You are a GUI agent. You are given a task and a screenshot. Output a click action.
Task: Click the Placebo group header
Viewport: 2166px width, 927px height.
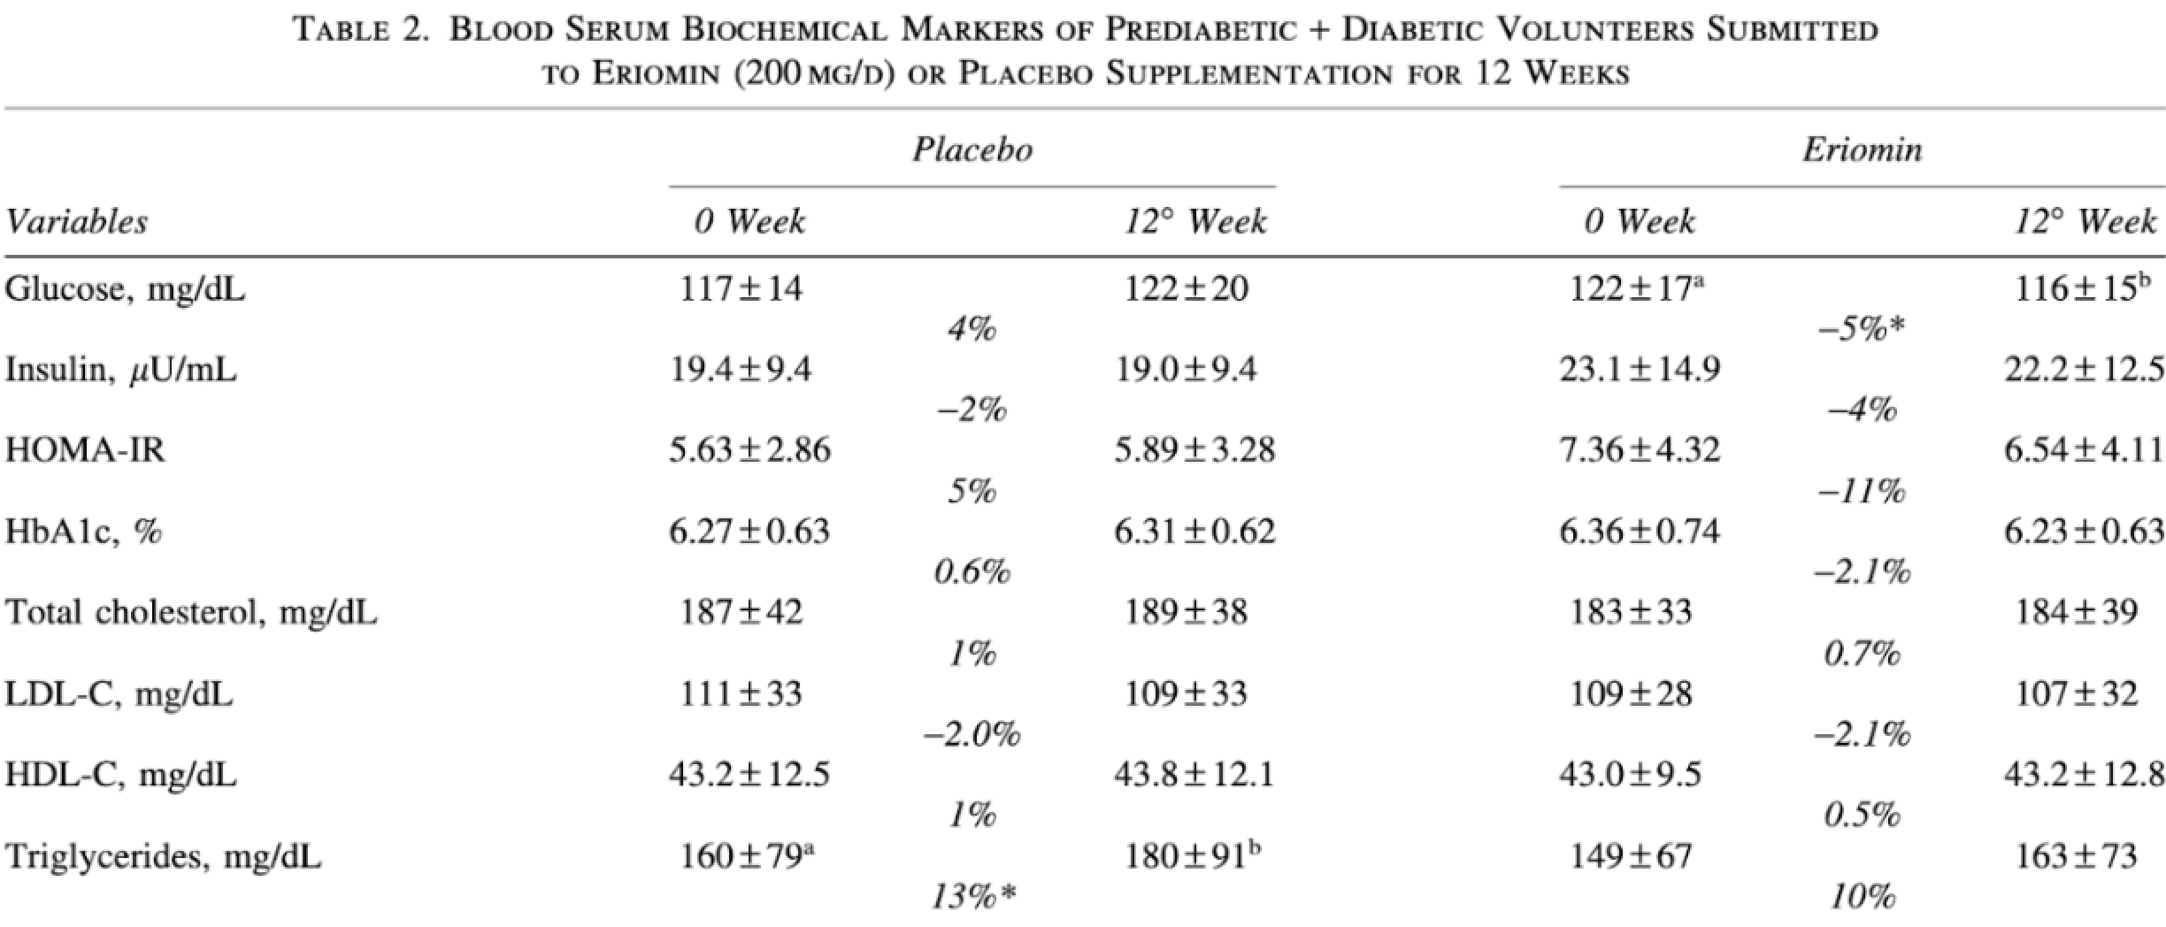pyautogui.click(x=972, y=149)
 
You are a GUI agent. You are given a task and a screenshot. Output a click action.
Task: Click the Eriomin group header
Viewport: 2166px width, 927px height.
pyautogui.click(x=1863, y=149)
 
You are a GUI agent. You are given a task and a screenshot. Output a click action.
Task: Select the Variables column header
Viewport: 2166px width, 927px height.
pyautogui.click(x=76, y=221)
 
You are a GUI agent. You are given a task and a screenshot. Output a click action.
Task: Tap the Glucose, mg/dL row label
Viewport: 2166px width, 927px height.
pyautogui.click(x=125, y=289)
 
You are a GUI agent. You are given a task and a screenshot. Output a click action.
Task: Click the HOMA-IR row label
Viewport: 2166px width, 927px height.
pyautogui.click(x=85, y=450)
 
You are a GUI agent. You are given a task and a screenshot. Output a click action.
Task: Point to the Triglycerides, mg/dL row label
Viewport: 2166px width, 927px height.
pyautogui.click(x=163, y=856)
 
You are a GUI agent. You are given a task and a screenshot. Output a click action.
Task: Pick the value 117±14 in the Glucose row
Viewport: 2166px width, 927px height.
pyautogui.click(x=741, y=289)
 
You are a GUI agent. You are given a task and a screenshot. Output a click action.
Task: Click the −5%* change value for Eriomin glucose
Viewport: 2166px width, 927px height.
pyautogui.click(x=1861, y=330)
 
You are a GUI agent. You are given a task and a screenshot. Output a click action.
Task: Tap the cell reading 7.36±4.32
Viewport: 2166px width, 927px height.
pyautogui.click(x=1639, y=450)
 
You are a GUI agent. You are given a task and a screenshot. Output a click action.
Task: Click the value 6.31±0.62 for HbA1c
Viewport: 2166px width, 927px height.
pyautogui.click(x=1194, y=532)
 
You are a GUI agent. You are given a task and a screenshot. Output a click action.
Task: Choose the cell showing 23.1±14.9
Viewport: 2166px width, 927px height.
pyautogui.click(x=1639, y=370)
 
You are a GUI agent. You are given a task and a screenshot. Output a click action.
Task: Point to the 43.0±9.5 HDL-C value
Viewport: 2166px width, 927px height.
pyautogui.click(x=1630, y=775)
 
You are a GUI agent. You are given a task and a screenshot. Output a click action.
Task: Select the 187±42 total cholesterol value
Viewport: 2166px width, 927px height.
pyautogui.click(x=741, y=612)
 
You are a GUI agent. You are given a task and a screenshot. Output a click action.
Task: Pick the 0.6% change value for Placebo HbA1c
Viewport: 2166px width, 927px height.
pyautogui.click(x=972, y=573)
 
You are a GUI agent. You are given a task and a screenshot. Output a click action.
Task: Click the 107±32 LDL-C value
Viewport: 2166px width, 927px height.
pyautogui.click(x=2076, y=693)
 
